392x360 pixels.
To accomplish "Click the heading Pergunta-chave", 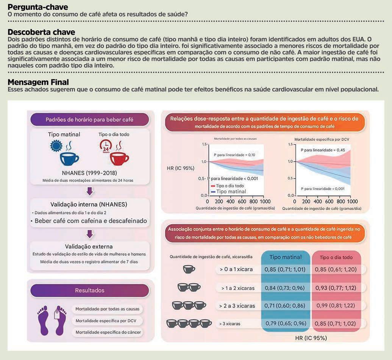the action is point(38,7).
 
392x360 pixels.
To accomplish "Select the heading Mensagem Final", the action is point(38,82).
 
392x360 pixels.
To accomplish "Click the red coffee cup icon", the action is point(119,159).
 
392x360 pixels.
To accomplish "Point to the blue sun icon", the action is point(56,146).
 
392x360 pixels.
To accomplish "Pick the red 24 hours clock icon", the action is point(106,146).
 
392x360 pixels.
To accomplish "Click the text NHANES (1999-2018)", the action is point(89,173).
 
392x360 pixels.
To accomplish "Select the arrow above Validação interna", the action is point(90,191).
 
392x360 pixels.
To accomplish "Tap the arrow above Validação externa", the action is point(90,234).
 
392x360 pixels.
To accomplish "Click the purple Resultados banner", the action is point(89,290).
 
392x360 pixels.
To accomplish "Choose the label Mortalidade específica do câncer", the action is point(108,332).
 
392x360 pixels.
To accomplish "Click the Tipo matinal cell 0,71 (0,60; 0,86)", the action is point(285,305).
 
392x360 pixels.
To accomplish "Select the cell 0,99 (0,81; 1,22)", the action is point(336,305).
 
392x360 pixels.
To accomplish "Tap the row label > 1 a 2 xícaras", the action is point(238,288).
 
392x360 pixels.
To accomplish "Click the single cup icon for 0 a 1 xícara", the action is point(189,269).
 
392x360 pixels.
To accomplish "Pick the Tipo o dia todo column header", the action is point(336,257).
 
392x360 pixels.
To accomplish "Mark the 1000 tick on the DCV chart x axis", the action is point(352,201).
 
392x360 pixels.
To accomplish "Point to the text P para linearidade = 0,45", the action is point(323,150).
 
